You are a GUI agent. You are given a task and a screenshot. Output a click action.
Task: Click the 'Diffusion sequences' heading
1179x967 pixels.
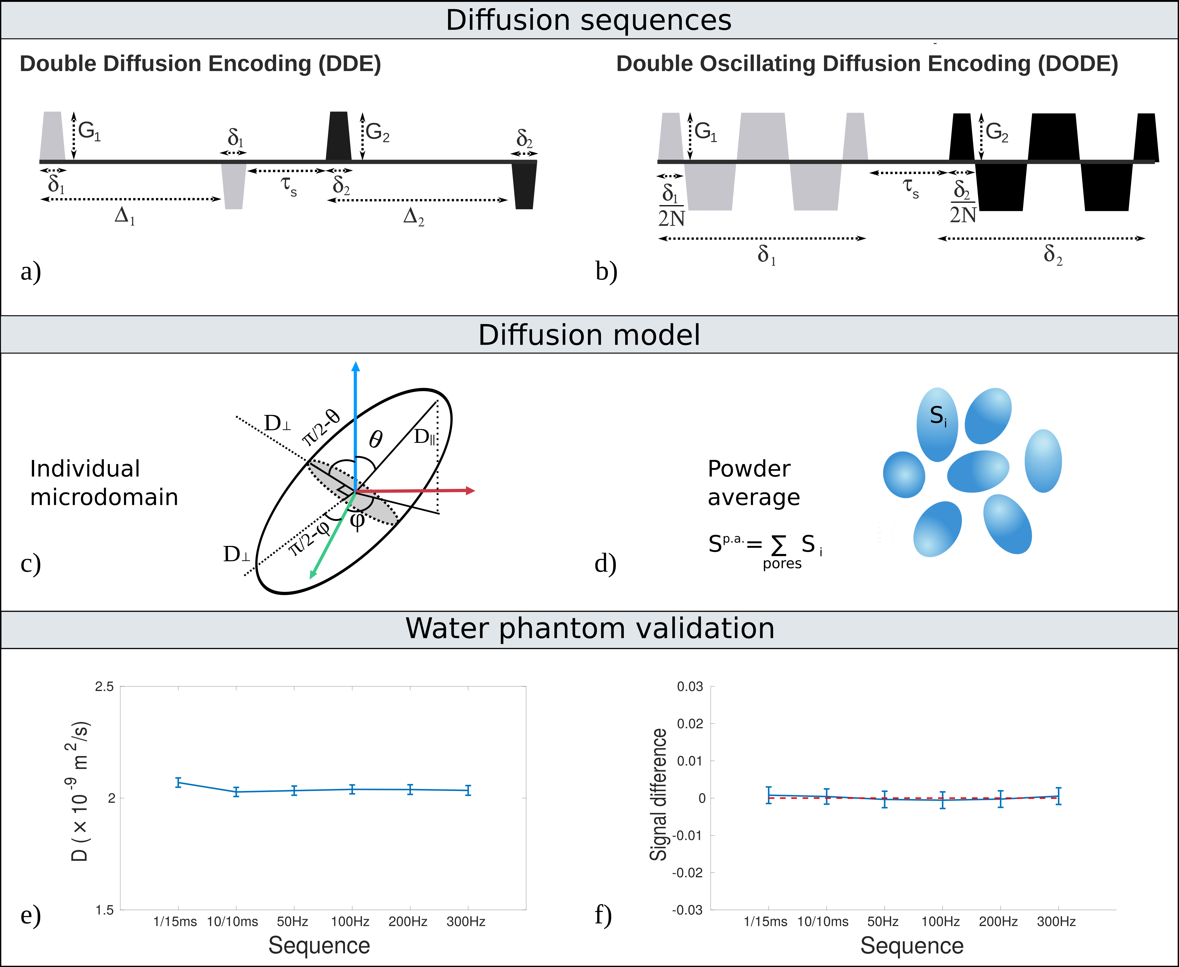(589, 20)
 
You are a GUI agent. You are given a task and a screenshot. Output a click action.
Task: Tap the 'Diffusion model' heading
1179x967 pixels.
(589, 335)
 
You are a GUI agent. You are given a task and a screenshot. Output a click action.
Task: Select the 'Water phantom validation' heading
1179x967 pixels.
(590, 628)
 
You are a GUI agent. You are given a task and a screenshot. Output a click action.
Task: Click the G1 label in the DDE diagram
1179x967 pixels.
(89, 131)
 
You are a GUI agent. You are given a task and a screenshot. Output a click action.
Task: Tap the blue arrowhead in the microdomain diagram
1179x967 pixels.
(355, 366)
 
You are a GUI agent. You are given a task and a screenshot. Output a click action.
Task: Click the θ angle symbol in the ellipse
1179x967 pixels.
(376, 440)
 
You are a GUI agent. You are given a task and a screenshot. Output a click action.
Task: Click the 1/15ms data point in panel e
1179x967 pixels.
(178, 783)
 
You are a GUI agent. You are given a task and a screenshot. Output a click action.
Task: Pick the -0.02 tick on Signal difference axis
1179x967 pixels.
(688, 872)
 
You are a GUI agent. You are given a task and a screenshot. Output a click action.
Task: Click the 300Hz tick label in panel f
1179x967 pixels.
(1056, 921)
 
